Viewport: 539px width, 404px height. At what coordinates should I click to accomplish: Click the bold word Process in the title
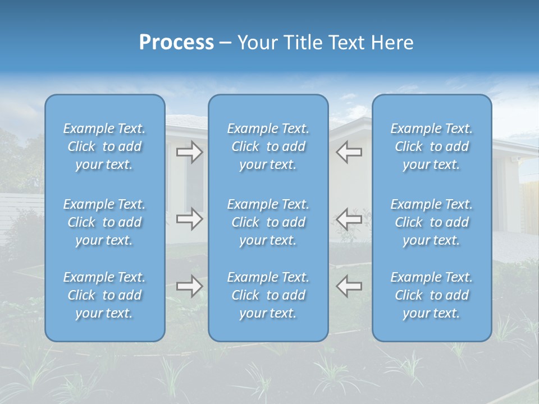click(x=176, y=43)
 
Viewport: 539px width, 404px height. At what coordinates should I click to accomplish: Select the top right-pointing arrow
click(x=190, y=152)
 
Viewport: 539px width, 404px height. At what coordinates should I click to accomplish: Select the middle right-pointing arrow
click(x=190, y=219)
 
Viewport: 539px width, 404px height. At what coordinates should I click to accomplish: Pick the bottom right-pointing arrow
click(x=190, y=286)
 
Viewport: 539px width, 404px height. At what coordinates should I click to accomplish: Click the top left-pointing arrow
click(x=349, y=152)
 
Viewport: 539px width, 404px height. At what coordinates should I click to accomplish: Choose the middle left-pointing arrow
click(x=349, y=219)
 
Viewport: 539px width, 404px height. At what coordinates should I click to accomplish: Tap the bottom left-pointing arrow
click(x=349, y=286)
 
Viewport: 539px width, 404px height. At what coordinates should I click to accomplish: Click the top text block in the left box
click(x=104, y=146)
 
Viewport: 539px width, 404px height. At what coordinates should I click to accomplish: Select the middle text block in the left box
click(x=104, y=222)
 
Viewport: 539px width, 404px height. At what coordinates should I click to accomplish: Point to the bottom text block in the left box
click(x=104, y=295)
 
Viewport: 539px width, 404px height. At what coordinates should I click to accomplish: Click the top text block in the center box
click(x=268, y=146)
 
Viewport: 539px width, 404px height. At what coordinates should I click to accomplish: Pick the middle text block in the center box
click(x=268, y=222)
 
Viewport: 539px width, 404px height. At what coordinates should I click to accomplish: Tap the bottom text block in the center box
click(x=268, y=295)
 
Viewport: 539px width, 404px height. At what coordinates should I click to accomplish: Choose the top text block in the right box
click(x=432, y=146)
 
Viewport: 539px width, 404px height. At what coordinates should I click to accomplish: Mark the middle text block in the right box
click(x=432, y=222)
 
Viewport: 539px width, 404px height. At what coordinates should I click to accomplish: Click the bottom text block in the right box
click(x=432, y=295)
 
